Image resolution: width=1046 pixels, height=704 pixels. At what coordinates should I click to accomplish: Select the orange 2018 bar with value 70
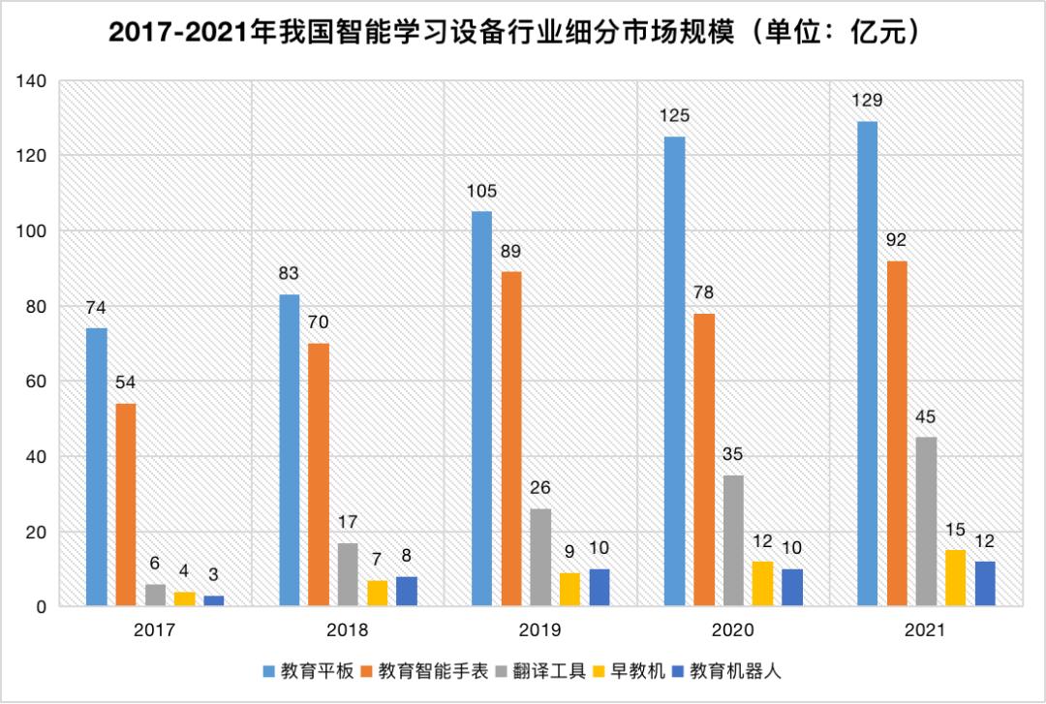(319, 475)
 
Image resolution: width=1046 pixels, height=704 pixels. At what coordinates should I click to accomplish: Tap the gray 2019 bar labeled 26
(540, 558)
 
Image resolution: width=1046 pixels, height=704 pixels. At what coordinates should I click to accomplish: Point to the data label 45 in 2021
(926, 417)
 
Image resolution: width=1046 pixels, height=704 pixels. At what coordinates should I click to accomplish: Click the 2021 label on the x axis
(926, 629)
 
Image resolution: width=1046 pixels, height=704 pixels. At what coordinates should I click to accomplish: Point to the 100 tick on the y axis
(32, 231)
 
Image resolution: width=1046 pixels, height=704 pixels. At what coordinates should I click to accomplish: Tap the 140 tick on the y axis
(32, 81)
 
